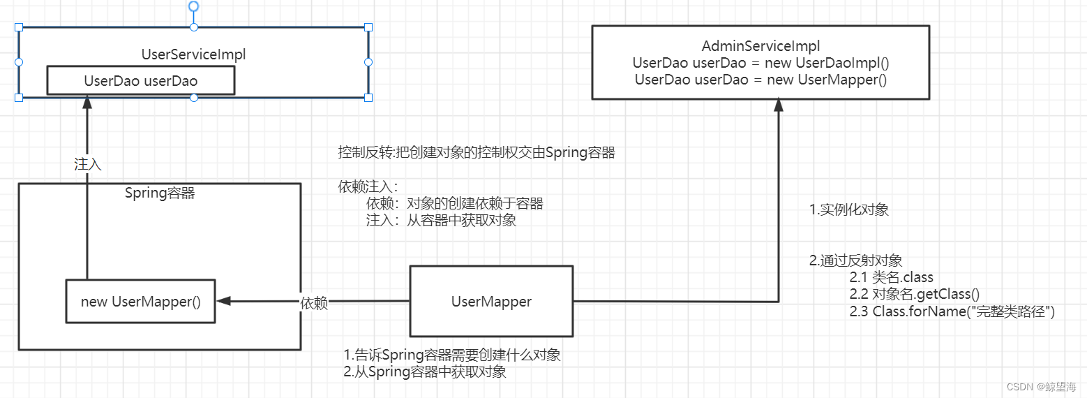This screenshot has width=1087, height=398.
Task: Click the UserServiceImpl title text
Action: [193, 54]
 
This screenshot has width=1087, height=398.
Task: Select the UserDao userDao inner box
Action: [140, 81]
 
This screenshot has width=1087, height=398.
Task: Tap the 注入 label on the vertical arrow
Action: [88, 164]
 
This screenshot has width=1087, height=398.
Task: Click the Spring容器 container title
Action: [160, 193]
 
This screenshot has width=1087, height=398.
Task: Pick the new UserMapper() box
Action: [140, 302]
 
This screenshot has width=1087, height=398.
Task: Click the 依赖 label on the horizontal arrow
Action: [314, 304]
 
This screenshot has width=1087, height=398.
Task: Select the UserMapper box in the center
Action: [491, 302]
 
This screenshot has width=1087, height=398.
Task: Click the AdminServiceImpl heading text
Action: [760, 47]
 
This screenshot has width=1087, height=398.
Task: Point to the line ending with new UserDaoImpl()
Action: [760, 63]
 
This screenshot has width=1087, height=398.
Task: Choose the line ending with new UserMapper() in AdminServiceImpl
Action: [760, 79]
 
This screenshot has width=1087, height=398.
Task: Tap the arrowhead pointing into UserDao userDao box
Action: [87, 101]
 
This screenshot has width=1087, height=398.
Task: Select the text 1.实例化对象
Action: [848, 210]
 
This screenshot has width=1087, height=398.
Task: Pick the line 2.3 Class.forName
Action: [952, 311]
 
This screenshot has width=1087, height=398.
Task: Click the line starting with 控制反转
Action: [477, 153]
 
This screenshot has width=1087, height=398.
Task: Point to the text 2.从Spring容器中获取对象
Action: [424, 372]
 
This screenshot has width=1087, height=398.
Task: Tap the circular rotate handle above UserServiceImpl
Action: [194, 6]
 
